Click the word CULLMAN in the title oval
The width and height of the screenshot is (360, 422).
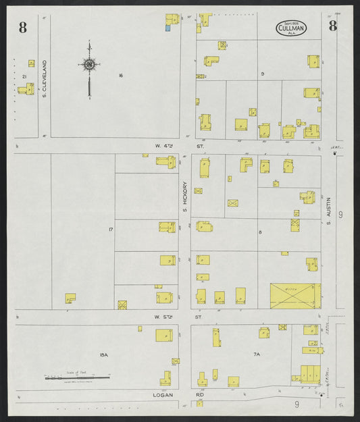(x=291, y=28)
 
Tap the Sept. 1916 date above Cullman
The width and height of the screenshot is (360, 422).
(x=291, y=22)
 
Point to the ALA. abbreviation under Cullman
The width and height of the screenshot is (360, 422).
(x=291, y=33)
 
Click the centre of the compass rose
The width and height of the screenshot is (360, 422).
(x=88, y=65)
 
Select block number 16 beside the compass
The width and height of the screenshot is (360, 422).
(x=120, y=75)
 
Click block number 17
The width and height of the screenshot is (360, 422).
(x=110, y=230)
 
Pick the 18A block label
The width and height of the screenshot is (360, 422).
(x=103, y=354)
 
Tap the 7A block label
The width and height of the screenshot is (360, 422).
(x=257, y=354)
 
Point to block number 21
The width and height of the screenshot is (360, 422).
(x=24, y=77)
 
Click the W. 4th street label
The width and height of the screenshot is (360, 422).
(x=164, y=145)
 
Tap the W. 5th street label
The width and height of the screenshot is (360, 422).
(x=164, y=315)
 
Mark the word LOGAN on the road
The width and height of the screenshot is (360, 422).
(x=163, y=394)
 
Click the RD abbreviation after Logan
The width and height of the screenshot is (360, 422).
(x=200, y=394)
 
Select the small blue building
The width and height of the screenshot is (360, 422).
(x=168, y=28)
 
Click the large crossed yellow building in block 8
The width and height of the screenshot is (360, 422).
(x=295, y=296)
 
